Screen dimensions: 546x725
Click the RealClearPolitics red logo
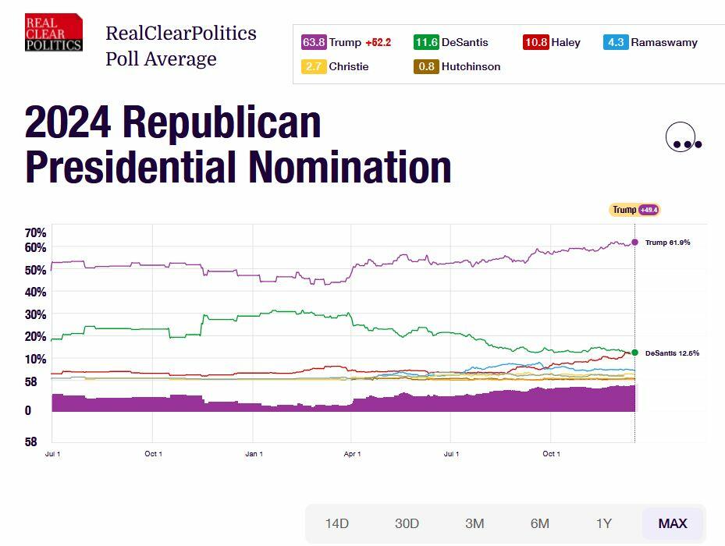53,33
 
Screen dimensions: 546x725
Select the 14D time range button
337,523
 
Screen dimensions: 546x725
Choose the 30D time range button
407,523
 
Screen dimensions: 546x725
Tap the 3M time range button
474,523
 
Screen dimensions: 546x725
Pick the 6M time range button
540,523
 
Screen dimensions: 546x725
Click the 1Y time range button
604,523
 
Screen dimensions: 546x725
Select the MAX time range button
673,523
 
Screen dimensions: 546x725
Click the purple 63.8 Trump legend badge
315,43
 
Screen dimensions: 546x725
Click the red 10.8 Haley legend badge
536,43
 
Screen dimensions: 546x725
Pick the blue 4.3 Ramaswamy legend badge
616,43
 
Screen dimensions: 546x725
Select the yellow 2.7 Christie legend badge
315,67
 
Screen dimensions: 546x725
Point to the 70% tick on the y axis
36,232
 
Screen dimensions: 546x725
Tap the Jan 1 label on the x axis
254,454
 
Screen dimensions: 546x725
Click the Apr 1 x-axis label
352,454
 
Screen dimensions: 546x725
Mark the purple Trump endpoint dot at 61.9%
634,243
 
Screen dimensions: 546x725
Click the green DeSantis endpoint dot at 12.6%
634,353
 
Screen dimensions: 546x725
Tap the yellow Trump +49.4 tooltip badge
634,210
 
